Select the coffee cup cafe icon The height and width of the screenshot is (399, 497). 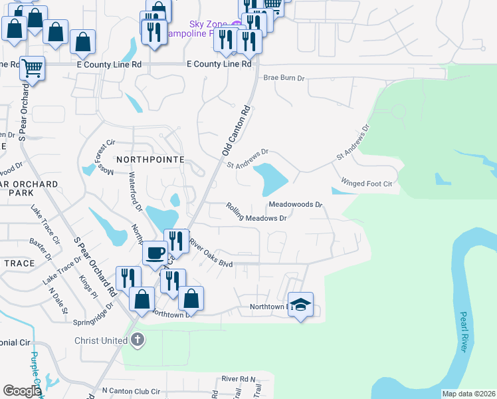[155, 253]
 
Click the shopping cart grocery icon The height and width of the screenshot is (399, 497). [32, 67]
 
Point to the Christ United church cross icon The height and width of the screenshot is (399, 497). [137, 340]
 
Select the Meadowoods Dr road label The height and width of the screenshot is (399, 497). [296, 204]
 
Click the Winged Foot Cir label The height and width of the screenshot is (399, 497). [367, 182]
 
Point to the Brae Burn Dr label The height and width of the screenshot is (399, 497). [284, 78]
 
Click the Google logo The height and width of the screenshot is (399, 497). [22, 390]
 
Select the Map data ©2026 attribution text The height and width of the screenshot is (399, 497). [468, 394]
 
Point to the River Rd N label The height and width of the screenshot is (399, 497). [239, 378]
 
